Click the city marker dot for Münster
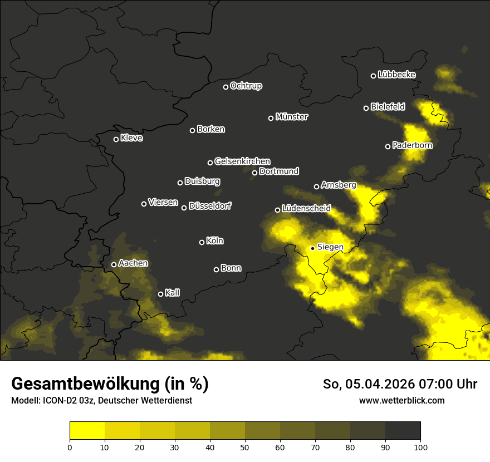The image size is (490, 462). point(271,118)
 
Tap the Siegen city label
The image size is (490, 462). point(330,247)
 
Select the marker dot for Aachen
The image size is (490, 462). point(114,264)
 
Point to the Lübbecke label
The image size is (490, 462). point(396,75)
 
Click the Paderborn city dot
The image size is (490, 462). point(388,146)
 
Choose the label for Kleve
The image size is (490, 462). point(131,138)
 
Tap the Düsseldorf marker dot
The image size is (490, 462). point(184,208)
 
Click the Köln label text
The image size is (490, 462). point(215,241)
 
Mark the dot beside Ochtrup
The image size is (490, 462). point(226,87)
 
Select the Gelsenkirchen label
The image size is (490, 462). point(242,161)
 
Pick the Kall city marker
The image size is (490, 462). point(160,294)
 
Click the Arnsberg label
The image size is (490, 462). point(339,185)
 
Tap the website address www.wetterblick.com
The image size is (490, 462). point(402,400)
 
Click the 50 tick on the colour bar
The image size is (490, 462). point(245,446)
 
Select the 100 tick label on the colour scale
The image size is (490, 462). point(420,446)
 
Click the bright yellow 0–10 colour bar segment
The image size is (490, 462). point(87,430)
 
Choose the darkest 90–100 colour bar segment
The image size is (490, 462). point(403,430)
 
